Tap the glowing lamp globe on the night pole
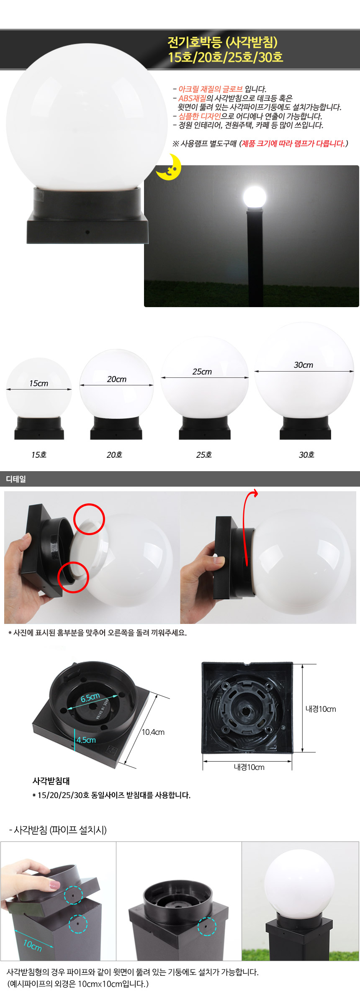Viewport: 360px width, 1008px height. tap(255, 197)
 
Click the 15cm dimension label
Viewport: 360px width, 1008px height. tap(39, 383)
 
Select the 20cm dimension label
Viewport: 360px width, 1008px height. tap(116, 379)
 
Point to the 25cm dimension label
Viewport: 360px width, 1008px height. tap(202, 372)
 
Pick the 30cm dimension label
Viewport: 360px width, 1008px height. tap(303, 365)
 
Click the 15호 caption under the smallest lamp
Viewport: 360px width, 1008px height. tap(39, 454)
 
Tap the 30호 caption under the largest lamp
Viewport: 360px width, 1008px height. tap(306, 454)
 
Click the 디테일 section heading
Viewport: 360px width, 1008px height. tap(16, 479)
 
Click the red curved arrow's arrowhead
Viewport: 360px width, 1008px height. tap(255, 493)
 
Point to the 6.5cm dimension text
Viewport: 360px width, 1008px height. tap(90, 698)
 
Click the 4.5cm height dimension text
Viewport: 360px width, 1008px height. tap(86, 740)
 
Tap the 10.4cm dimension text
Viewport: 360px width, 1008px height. tap(153, 732)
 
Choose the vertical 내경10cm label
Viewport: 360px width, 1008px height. tap(321, 709)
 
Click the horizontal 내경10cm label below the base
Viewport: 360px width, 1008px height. tap(249, 767)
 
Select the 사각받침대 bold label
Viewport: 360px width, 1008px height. tap(51, 780)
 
